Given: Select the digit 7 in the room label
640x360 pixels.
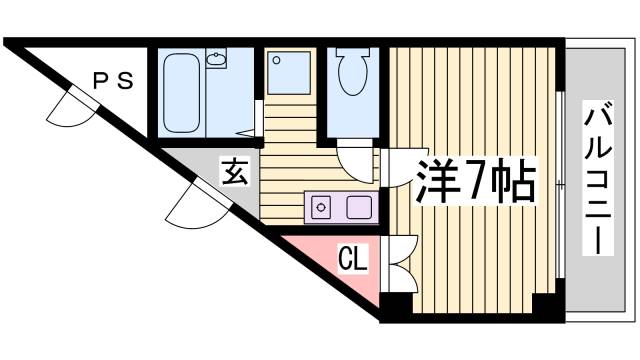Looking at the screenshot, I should pos(472,179).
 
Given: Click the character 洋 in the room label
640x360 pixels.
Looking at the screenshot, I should pos(433,179).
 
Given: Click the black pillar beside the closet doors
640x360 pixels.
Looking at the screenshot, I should pos(398,304).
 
